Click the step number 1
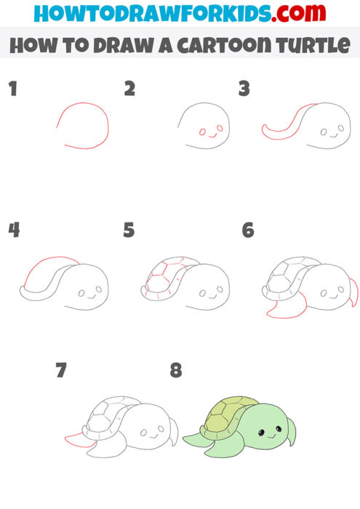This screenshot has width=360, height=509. coord(12,89)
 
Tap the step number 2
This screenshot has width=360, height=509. coord(129,89)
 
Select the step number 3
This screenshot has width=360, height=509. coord(244,89)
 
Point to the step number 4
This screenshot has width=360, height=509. coord(13,231)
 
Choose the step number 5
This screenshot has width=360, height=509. coord(129,231)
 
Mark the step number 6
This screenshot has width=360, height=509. coord(248,231)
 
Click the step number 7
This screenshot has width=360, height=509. coord(61,370)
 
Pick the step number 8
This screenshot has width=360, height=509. coord(175,370)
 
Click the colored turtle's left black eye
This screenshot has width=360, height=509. coord(260,433)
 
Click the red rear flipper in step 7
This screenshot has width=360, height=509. coord(79,441)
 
